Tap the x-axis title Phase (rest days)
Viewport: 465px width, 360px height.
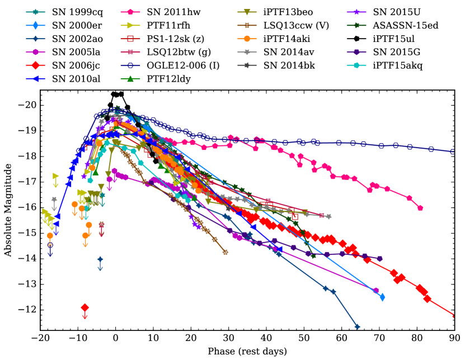pyautogui.click(x=247, y=352)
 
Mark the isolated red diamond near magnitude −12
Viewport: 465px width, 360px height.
pyautogui.click(x=85, y=307)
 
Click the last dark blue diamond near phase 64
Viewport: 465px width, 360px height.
pyautogui.click(x=357, y=327)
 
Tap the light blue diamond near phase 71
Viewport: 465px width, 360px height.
pyautogui.click(x=382, y=297)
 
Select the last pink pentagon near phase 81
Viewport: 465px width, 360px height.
pyautogui.click(x=420, y=208)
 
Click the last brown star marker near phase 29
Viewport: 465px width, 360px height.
pyautogui.click(x=226, y=252)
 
